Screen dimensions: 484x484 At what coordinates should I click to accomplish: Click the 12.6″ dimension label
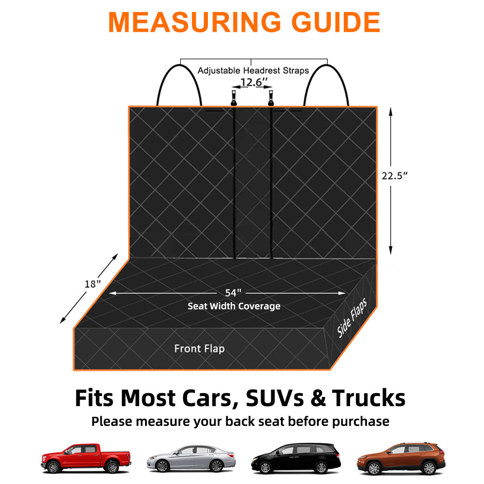tap(251, 83)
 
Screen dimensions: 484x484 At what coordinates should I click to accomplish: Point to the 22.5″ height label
tap(395, 175)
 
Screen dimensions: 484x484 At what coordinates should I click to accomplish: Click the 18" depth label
tap(92, 284)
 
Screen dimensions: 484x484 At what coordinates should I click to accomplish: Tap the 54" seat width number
tap(233, 293)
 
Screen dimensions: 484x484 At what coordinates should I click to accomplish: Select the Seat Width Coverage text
tap(234, 306)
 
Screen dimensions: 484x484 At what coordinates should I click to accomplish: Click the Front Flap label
tap(199, 348)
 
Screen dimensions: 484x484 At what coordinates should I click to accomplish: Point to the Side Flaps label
tap(352, 318)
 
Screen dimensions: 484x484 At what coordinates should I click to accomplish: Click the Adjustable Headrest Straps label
tap(253, 71)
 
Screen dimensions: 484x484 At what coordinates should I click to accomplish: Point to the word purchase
tap(358, 421)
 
